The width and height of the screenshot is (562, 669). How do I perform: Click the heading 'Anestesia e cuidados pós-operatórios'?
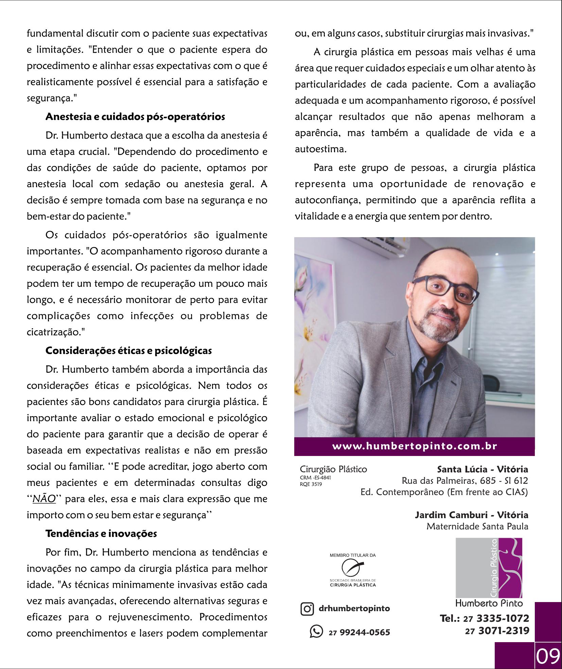coord(135,117)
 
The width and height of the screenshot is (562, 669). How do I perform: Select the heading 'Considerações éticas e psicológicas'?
coord(128,351)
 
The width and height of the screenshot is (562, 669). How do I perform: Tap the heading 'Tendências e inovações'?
coord(101,534)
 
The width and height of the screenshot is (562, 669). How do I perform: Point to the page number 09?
coord(548,656)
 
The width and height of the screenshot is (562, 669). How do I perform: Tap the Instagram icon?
coord(307,609)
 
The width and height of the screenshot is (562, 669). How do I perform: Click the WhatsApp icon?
coord(316,632)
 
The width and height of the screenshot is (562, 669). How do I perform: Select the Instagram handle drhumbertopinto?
coord(354,608)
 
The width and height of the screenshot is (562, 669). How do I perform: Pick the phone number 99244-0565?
coord(365,632)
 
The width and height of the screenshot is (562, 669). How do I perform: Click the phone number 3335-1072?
coord(503,618)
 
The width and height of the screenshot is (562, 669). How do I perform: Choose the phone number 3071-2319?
coord(504,631)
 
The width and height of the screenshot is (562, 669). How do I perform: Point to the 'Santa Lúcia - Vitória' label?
coord(482,470)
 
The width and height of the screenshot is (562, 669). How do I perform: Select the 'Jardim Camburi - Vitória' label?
coord(471,515)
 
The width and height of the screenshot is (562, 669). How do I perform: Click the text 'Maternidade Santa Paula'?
coord(477,527)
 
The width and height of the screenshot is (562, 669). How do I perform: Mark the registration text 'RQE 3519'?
coord(311,484)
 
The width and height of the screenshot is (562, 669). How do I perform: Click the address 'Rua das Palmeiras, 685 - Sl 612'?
coord(464,481)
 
